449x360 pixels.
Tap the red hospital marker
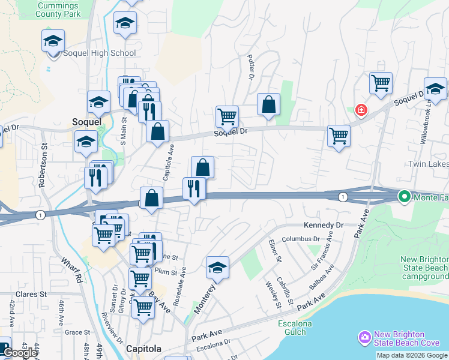[x=361, y=110]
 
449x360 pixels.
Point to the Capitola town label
[x=143, y=349]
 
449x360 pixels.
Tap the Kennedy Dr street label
[x=323, y=225]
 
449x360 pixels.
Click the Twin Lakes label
[x=428, y=164]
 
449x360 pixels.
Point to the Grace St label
[x=77, y=332]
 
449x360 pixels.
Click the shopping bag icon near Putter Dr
[x=268, y=104]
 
